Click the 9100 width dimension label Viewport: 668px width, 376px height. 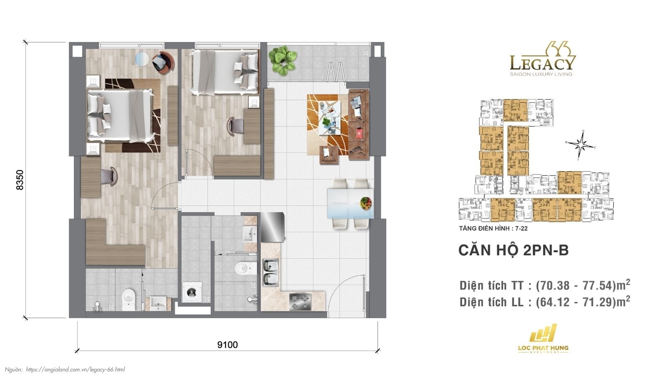click(x=228, y=345)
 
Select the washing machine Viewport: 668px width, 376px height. click(x=192, y=292)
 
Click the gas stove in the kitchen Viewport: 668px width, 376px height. click(x=301, y=302)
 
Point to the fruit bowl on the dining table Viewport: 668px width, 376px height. click(x=366, y=203)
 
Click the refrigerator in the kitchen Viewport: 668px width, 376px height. click(x=272, y=227)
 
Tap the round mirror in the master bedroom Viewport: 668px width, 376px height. click(x=142, y=58)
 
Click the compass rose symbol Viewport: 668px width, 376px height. click(x=580, y=145)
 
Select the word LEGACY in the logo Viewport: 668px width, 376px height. click(x=541, y=64)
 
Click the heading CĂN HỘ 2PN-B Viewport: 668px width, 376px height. click(x=513, y=250)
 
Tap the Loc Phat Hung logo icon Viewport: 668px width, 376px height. click(x=543, y=333)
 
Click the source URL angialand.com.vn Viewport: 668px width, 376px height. click(x=75, y=369)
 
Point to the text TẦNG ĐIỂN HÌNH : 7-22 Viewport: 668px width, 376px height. click(x=493, y=229)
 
